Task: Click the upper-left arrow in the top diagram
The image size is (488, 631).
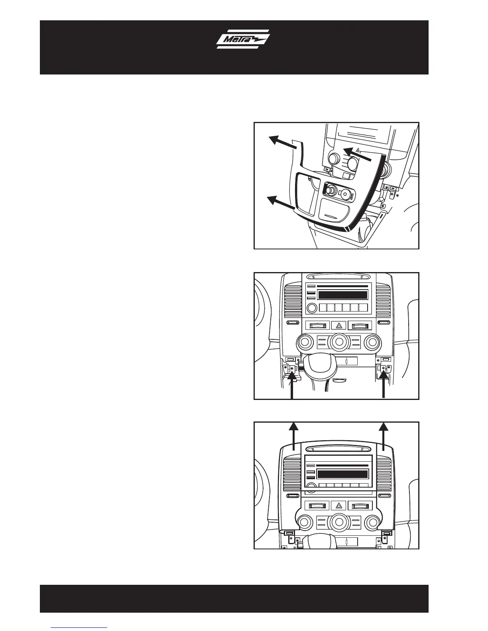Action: (x=283, y=144)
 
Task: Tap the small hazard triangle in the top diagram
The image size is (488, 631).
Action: (x=358, y=150)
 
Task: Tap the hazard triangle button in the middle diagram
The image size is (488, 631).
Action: (x=338, y=325)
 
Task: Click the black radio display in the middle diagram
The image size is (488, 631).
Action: (x=342, y=295)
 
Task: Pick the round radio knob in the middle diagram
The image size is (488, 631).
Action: (x=312, y=308)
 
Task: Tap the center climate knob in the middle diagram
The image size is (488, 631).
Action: (x=338, y=341)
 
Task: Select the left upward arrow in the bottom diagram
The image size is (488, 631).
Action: (x=293, y=436)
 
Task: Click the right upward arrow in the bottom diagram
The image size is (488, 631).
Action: (x=384, y=436)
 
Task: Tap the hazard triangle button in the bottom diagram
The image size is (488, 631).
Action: (x=338, y=506)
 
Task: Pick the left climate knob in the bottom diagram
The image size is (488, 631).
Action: (x=305, y=522)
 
